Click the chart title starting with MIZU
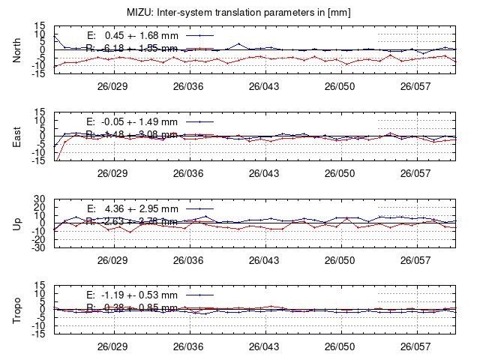240,13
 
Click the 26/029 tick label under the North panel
112,86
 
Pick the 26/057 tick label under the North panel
415,86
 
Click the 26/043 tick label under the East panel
263,172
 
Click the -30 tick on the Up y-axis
39,247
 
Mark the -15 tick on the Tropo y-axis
39,334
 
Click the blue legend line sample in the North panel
198,35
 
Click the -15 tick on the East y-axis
39,161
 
